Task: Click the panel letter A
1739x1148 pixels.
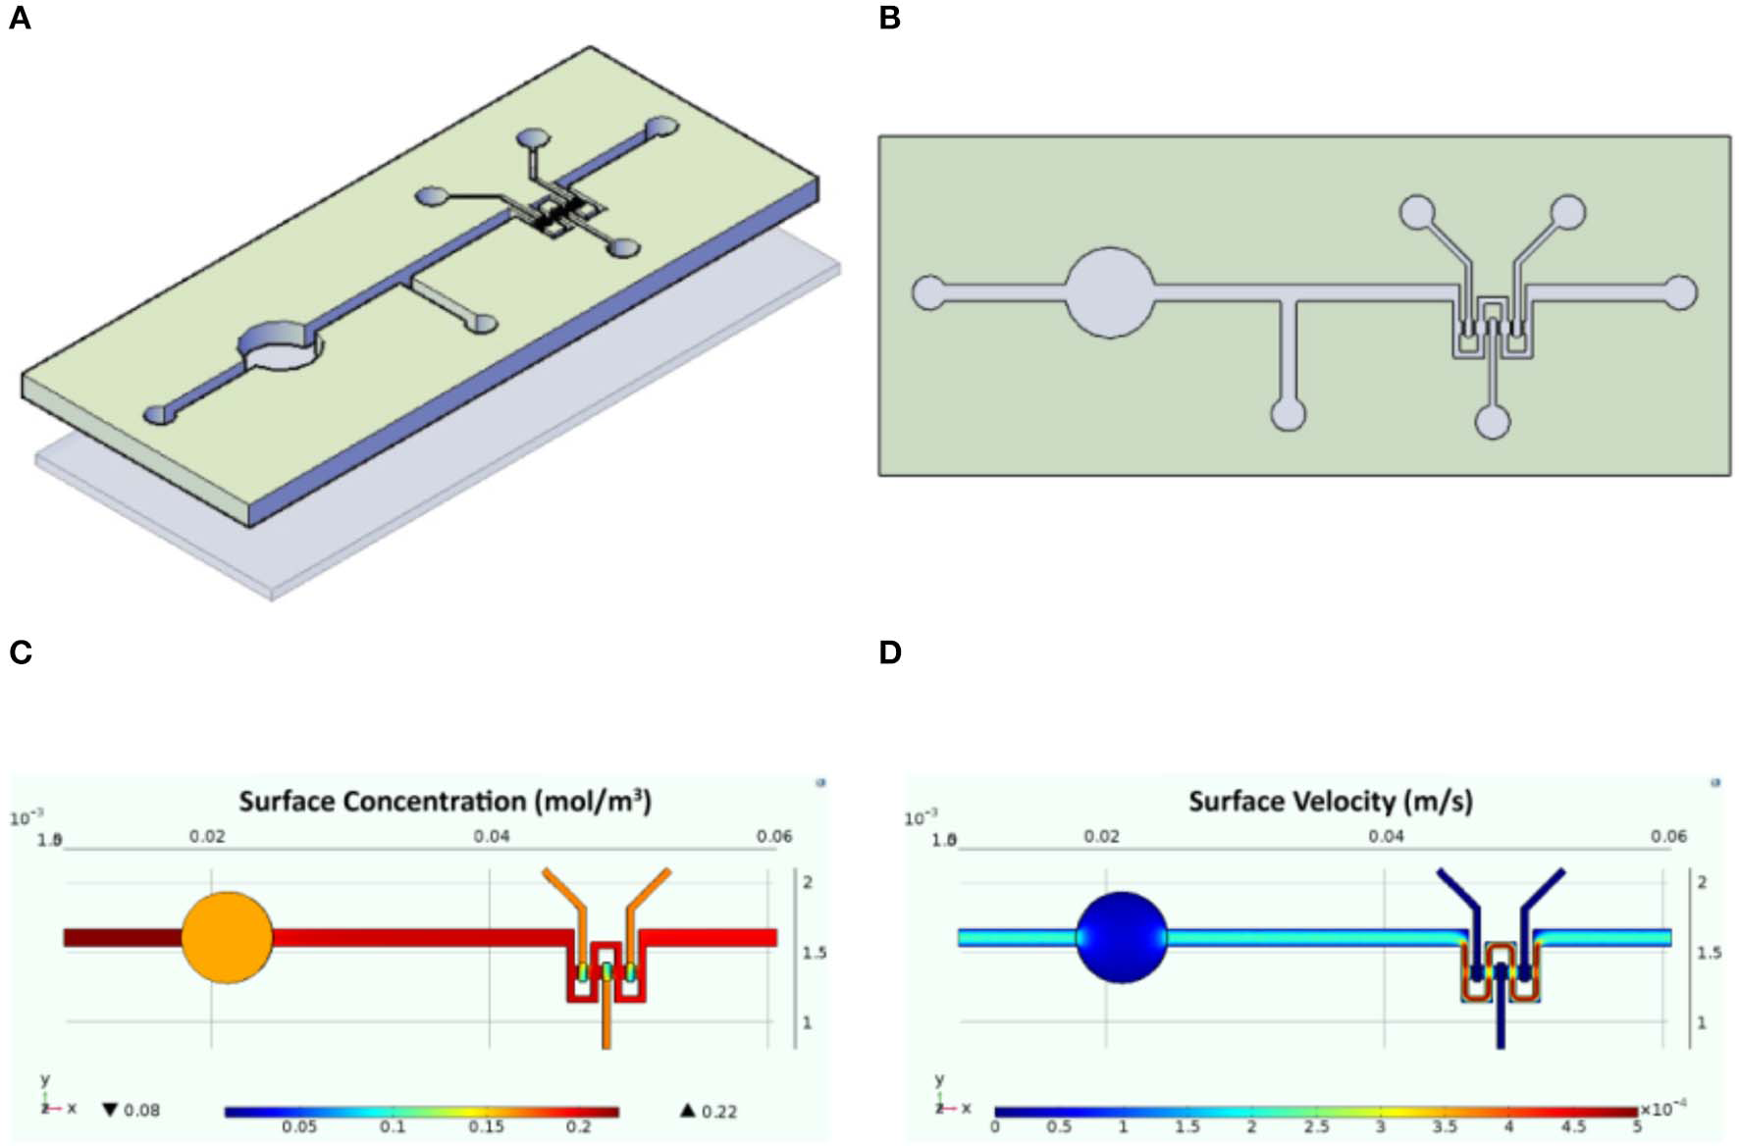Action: tap(20, 19)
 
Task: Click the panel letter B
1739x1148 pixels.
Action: tap(889, 19)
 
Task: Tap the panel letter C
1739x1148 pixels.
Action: tap(20, 652)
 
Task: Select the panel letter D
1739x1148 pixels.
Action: tap(889, 652)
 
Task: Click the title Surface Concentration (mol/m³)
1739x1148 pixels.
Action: tap(445, 802)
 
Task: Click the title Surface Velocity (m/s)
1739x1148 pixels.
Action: tap(1330, 802)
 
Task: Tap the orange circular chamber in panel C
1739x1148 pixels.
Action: tap(227, 937)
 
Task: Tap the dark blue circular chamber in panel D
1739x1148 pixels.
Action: tap(1122, 937)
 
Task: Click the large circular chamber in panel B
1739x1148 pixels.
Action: tap(1110, 292)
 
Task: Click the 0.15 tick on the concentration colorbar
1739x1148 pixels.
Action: tap(486, 1126)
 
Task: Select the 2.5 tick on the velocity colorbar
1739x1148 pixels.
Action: tap(1315, 1126)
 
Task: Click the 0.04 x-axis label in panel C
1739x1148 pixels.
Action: tap(491, 836)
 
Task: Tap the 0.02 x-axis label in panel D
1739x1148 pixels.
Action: tap(1101, 836)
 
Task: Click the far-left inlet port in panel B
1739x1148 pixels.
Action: tap(928, 292)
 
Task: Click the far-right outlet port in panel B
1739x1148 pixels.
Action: tap(1680, 292)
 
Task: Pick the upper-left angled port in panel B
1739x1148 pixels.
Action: tap(1416, 212)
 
